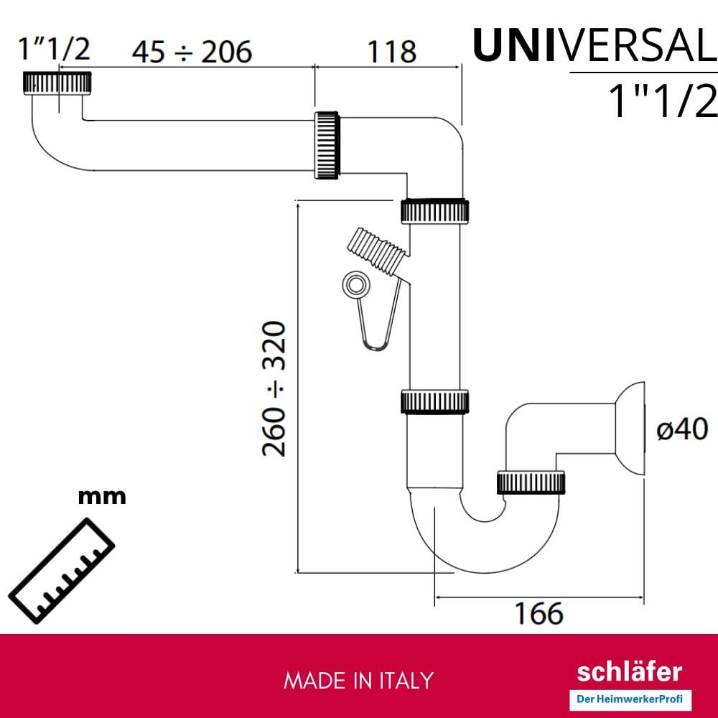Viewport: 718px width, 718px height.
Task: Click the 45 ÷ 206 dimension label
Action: (192, 51)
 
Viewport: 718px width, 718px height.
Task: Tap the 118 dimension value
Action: (392, 51)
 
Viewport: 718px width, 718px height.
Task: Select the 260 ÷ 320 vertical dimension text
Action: (274, 388)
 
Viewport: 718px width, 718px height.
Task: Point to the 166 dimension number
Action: (539, 613)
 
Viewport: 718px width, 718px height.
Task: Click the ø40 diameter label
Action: (682, 429)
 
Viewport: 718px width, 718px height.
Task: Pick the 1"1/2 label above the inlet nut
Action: (54, 49)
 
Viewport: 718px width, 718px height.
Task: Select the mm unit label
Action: (102, 496)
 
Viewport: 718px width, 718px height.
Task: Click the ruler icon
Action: (61, 571)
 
